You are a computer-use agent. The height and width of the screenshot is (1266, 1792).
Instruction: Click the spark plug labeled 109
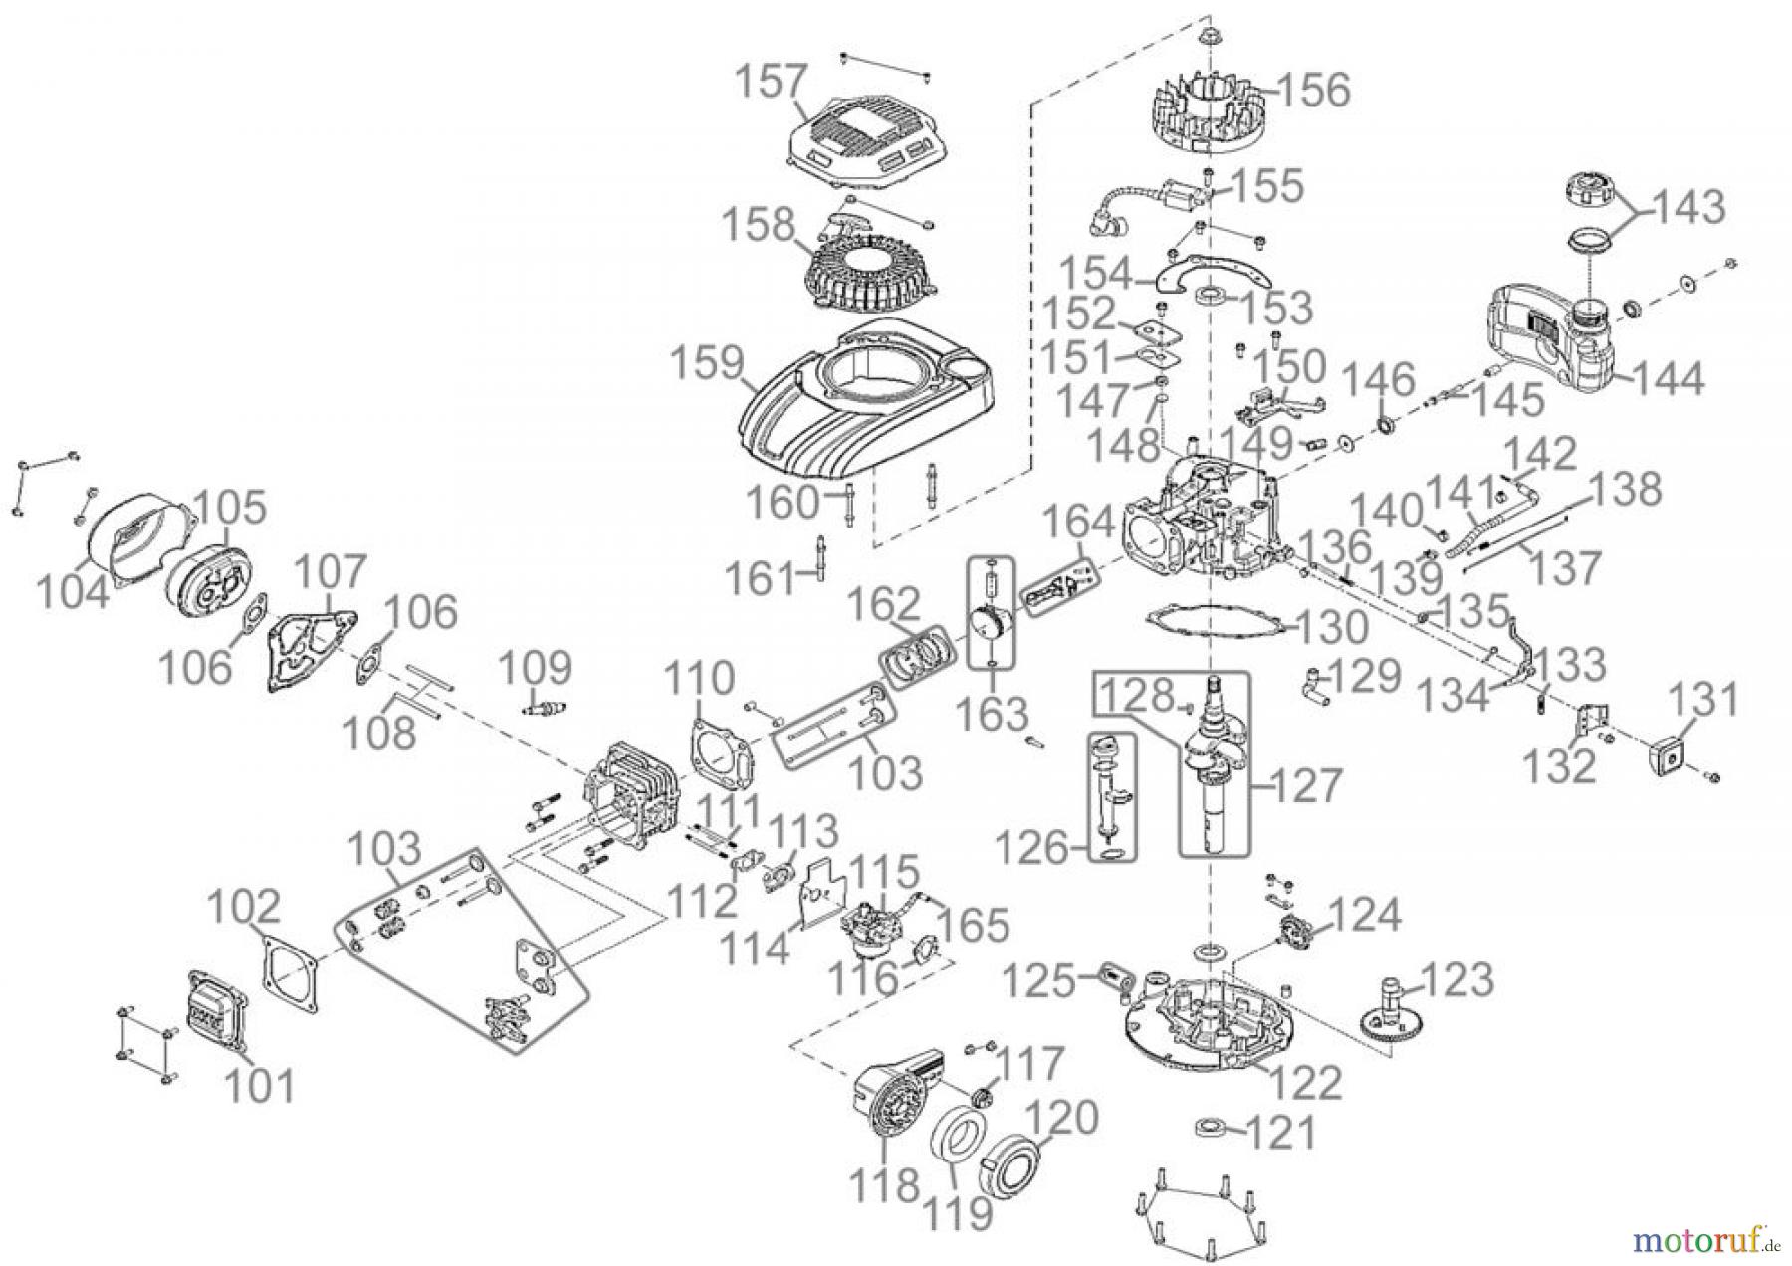pos(538,710)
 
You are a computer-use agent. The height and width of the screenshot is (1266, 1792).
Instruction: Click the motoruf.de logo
pos(1704,1238)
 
